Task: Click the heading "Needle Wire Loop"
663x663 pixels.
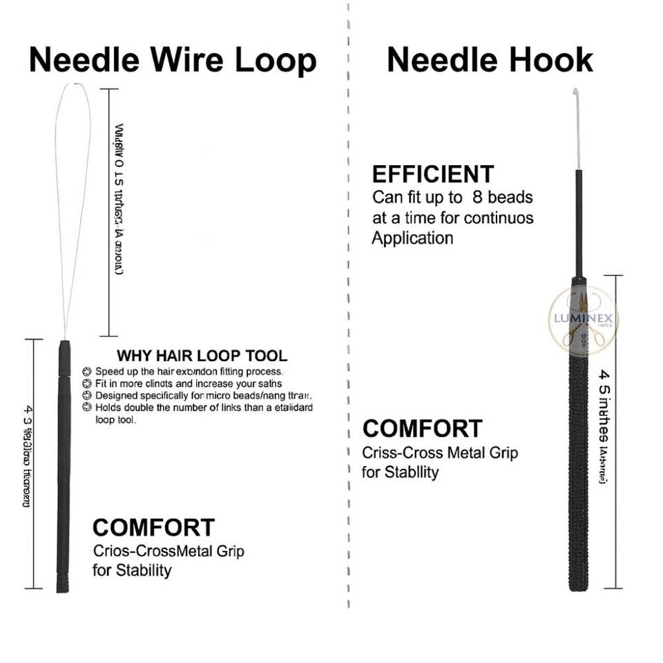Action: coord(173,60)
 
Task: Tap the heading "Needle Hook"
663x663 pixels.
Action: coord(490,60)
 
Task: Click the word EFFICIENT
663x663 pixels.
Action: coord(433,174)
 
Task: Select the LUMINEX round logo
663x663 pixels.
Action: coord(583,320)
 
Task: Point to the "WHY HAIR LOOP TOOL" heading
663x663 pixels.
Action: coord(202,356)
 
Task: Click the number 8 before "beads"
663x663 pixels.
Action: coord(477,197)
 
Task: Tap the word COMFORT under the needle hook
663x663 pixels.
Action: coord(422,428)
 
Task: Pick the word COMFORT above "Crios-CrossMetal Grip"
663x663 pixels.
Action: coord(153,528)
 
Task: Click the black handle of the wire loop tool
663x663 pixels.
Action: coord(63,463)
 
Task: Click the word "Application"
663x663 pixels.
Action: coord(412,239)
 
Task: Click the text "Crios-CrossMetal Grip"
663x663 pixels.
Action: coord(168,552)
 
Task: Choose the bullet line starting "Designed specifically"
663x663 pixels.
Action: coord(200,396)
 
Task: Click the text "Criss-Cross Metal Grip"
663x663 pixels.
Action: coord(440,453)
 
